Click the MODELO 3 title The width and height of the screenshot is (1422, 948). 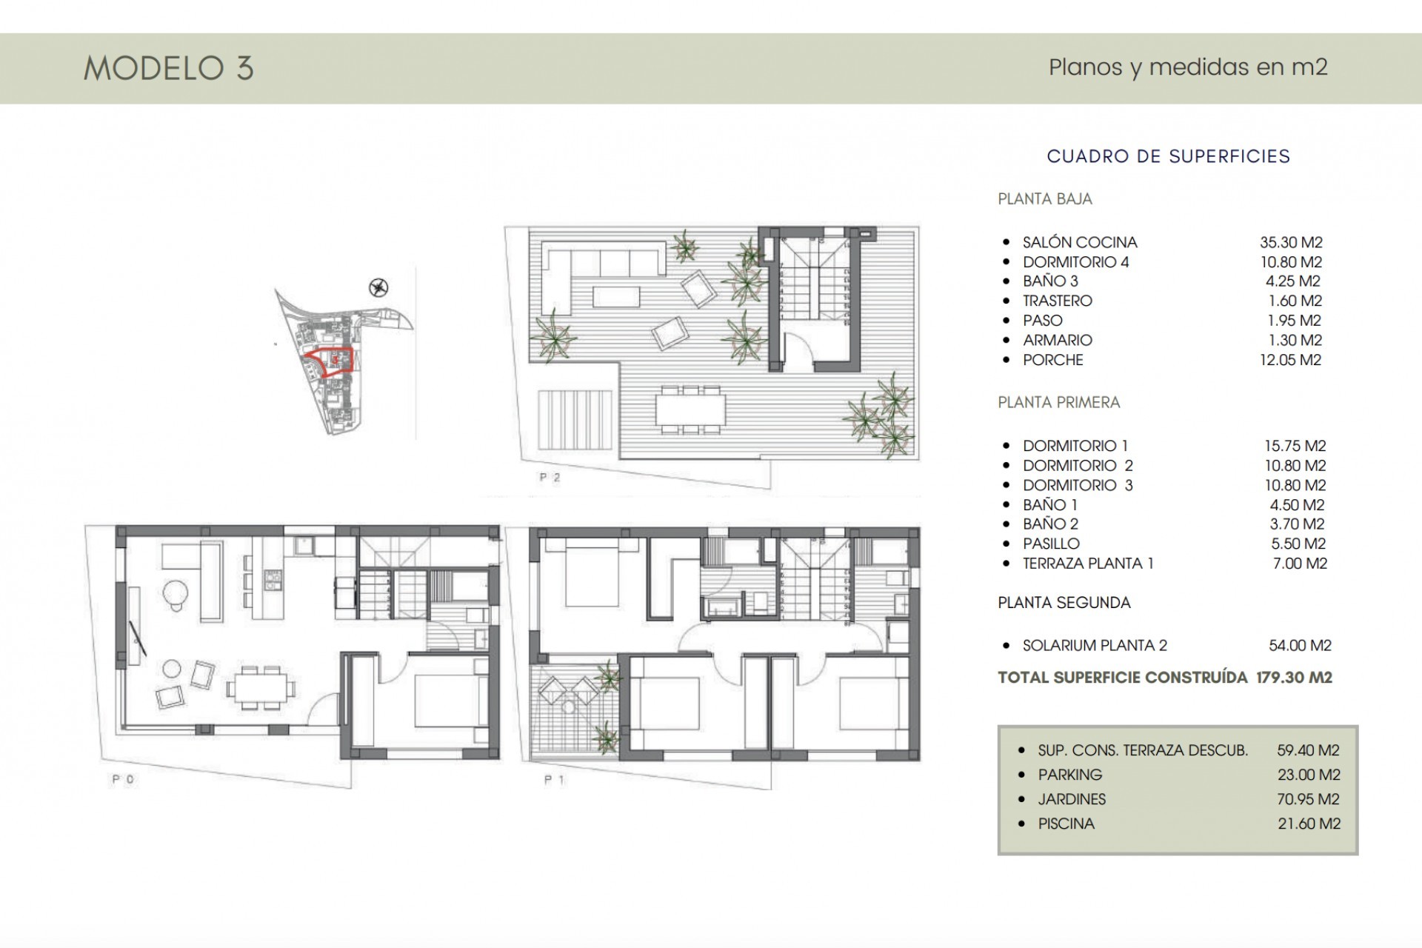169,68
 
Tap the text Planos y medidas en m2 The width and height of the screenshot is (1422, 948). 1188,67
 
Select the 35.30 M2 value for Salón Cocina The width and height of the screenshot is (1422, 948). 1291,242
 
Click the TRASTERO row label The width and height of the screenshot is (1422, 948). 1057,301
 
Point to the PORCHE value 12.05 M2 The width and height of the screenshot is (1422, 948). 1290,360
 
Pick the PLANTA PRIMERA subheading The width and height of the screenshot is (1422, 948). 1058,402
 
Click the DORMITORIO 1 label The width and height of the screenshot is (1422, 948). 1075,446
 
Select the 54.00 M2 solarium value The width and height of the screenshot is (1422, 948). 1300,645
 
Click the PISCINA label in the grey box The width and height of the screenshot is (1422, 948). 1066,824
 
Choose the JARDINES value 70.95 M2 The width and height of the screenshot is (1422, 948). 1309,799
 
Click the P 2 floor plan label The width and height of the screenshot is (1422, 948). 550,478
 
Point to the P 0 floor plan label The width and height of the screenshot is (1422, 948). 123,779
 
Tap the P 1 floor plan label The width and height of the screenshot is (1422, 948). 555,779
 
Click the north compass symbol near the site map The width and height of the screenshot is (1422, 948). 378,287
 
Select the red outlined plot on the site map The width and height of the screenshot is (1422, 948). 331,361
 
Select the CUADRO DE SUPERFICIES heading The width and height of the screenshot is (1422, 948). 1168,156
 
